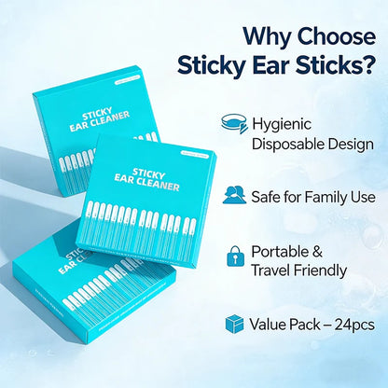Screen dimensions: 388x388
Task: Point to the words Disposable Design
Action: pyautogui.click(x=312, y=144)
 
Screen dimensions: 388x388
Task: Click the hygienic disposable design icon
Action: pyautogui.click(x=234, y=124)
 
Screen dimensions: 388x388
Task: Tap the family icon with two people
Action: pyautogui.click(x=234, y=196)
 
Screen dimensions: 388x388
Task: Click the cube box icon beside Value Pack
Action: pyautogui.click(x=234, y=324)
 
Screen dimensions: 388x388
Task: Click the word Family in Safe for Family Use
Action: pyautogui.click(x=323, y=197)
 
